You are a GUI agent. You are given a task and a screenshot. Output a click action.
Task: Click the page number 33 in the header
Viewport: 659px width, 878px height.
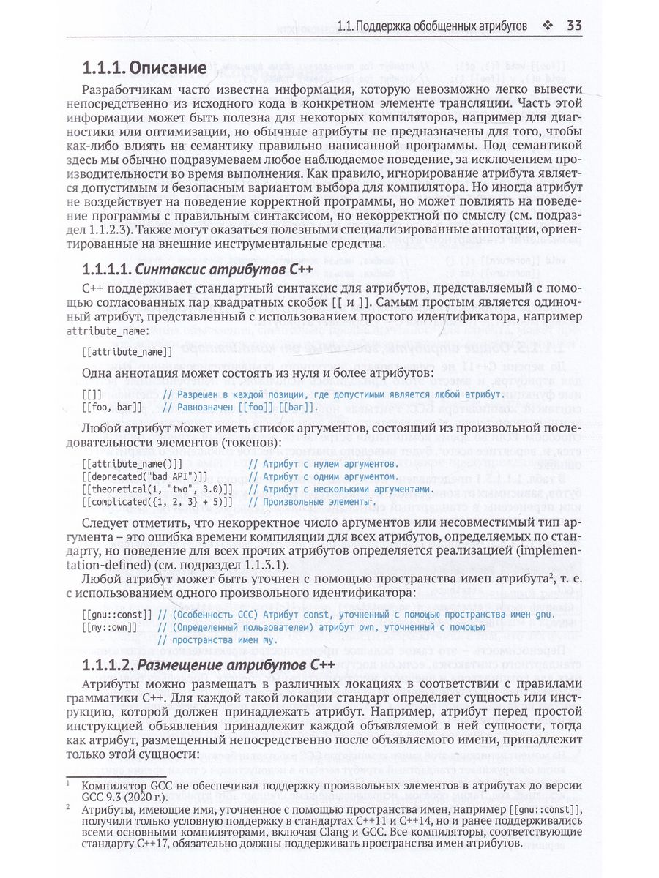[x=573, y=26]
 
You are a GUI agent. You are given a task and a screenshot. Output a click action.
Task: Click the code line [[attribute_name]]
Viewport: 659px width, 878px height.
[x=128, y=352]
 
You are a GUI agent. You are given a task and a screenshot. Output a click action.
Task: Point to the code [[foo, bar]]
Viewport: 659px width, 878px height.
[x=113, y=407]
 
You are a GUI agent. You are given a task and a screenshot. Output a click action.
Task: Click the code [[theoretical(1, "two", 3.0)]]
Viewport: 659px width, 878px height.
[x=157, y=489]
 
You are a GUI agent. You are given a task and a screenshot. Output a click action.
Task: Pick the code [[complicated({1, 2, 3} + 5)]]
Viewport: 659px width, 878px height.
[x=157, y=502]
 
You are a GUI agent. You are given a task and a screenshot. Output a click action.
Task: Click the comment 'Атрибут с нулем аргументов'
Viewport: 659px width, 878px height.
[x=322, y=463]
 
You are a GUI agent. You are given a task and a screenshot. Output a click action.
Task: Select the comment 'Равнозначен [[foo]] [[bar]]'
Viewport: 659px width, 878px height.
[x=239, y=407]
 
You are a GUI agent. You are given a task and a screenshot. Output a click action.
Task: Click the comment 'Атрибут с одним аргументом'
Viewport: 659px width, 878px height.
[x=322, y=476]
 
